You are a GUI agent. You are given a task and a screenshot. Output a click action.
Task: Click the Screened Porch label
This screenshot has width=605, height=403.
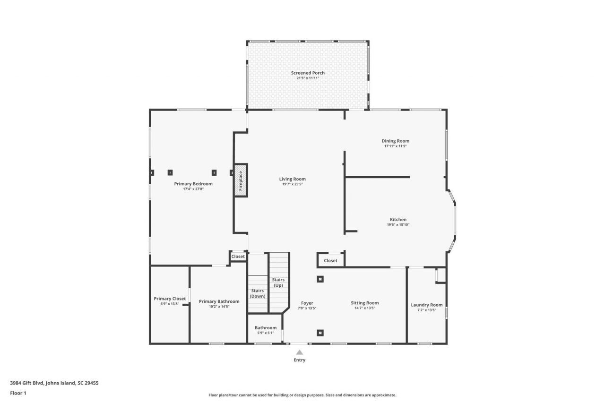[308, 73]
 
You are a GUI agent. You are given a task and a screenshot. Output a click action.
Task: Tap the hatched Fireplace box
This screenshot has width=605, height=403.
[240, 180]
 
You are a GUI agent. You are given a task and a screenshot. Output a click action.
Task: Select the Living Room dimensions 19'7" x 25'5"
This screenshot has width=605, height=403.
[292, 184]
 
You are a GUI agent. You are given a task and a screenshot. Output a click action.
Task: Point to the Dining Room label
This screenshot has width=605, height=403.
[395, 141]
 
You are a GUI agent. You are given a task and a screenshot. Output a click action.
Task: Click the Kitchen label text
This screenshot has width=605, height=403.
[398, 219]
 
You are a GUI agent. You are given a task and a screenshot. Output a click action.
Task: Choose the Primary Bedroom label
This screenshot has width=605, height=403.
[193, 184]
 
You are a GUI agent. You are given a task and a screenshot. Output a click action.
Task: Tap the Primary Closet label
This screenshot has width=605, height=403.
[170, 299]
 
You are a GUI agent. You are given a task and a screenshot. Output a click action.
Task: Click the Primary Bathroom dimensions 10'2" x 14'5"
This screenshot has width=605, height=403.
[219, 307]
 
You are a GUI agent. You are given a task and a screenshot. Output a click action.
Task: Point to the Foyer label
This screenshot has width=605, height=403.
[307, 303]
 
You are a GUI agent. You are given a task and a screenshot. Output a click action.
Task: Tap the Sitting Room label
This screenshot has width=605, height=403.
[364, 303]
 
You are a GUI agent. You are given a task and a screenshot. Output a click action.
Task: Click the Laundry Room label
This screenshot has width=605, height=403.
[427, 305]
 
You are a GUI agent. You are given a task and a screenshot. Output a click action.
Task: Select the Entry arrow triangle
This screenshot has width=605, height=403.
[299, 352]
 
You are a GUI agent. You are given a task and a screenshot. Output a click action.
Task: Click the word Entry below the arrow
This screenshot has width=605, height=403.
[299, 360]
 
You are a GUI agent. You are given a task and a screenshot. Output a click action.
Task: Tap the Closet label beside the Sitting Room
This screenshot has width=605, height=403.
[330, 260]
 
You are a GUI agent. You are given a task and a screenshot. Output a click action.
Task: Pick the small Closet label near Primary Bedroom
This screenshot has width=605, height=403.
[238, 257]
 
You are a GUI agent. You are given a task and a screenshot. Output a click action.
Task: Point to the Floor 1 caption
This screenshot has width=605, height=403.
[18, 393]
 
